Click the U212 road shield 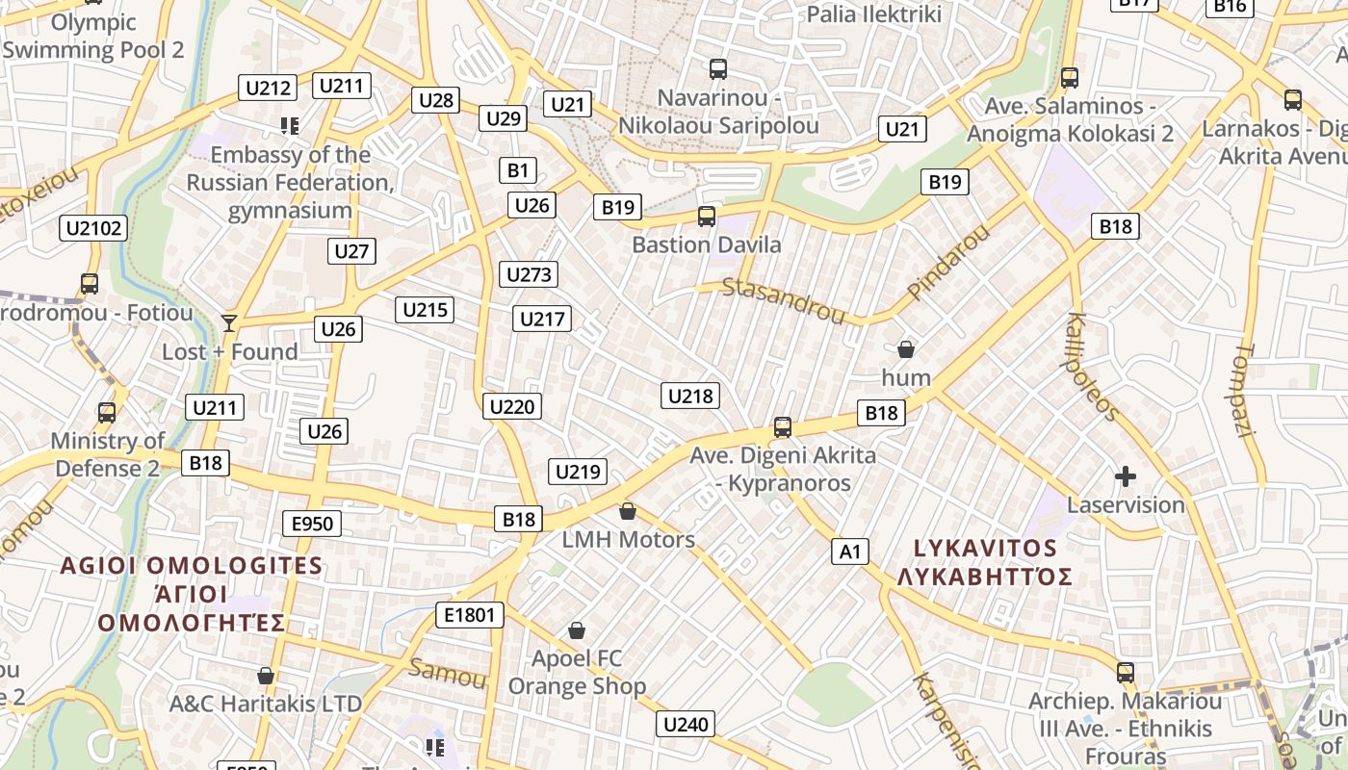click(268, 89)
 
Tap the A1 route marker click(849, 552)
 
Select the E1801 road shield click(470, 615)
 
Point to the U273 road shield click(530, 274)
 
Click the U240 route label click(686, 725)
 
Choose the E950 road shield click(312, 524)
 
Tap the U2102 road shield click(92, 228)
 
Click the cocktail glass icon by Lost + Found click(229, 322)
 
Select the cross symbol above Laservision click(1125, 475)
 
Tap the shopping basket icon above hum click(905, 348)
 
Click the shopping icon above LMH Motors click(628, 510)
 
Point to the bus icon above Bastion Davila click(707, 217)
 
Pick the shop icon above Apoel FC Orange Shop click(577, 630)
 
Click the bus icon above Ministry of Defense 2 click(107, 412)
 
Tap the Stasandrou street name click(783, 299)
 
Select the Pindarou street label click(948, 261)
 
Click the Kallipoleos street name click(1092, 366)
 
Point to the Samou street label click(447, 673)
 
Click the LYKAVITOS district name click(985, 549)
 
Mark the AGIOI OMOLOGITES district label click(192, 565)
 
